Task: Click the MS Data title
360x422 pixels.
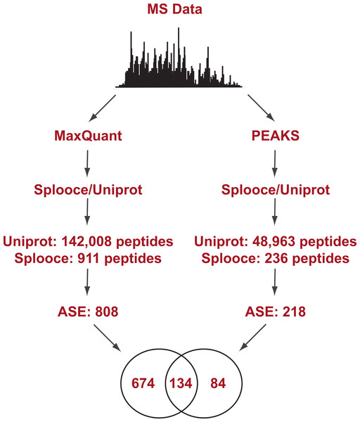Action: [174, 9]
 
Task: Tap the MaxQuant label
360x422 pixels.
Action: [88, 135]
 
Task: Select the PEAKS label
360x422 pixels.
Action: [275, 135]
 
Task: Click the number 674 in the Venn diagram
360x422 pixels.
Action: [143, 383]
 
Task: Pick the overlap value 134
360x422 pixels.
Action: [181, 383]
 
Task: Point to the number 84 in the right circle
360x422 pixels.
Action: [218, 383]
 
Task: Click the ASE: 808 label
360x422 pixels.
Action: [88, 312]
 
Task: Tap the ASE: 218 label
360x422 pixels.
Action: [275, 312]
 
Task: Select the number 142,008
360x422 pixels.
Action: [86, 241]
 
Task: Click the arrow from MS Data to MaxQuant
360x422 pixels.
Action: [102, 108]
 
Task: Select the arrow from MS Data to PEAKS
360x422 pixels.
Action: [261, 108]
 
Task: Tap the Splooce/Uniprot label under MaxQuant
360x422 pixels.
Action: [88, 190]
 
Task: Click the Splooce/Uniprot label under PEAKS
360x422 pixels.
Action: [275, 190]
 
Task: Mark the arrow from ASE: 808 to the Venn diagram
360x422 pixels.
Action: [107, 338]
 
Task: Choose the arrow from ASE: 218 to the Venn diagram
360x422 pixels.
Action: [252, 338]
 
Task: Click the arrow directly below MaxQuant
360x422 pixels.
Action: [87, 163]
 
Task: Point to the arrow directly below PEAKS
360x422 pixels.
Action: [274, 163]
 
